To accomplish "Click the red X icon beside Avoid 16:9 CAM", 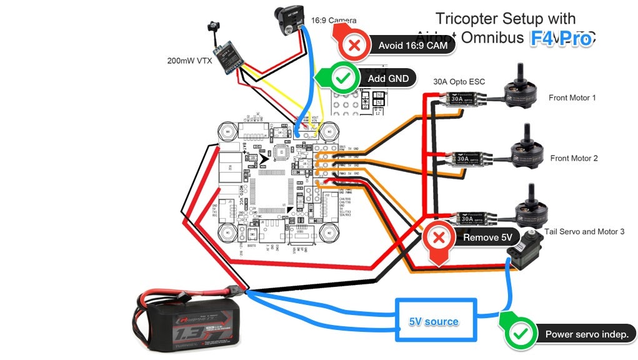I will (x=354, y=45).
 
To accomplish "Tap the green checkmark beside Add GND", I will (x=342, y=78).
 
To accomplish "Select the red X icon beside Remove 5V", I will (x=439, y=237).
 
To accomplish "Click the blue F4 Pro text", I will (x=561, y=39).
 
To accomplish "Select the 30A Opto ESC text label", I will (x=459, y=82).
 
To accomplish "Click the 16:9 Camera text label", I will (x=334, y=21).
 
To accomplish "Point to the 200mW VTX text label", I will (x=189, y=61).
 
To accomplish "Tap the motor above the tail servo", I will (x=531, y=209).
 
